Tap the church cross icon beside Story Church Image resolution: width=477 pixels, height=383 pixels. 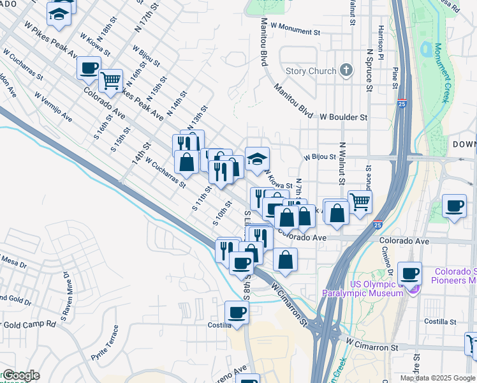tap(346, 70)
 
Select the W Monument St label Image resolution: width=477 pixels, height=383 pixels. tap(295, 31)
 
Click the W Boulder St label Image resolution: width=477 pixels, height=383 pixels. tap(344, 117)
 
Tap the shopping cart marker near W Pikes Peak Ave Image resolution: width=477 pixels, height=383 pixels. tap(110, 80)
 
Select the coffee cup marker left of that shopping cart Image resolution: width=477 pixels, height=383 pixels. tap(89, 68)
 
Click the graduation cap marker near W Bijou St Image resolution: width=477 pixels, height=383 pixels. tap(257, 159)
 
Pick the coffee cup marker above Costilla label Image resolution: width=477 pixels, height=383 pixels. tap(237, 312)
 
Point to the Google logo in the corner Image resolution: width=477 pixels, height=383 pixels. tap(20, 375)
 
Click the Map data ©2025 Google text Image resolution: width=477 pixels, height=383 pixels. tap(438, 378)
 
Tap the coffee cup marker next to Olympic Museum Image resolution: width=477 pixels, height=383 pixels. tap(409, 273)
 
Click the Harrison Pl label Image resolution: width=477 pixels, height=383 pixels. tap(380, 40)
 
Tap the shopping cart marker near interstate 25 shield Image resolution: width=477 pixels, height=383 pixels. tap(360, 202)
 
